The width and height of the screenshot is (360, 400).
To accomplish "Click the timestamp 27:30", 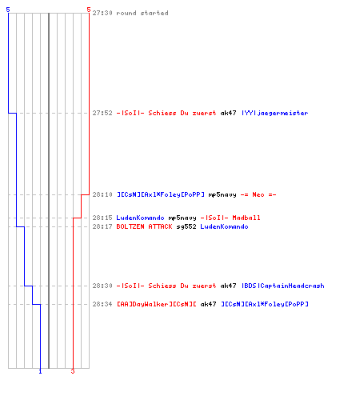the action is pos(102,13).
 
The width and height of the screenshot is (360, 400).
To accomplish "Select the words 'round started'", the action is pos(142,13).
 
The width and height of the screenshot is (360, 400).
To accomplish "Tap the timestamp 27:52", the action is pos(102,113).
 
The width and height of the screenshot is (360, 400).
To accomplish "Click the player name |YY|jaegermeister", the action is pos(275,114).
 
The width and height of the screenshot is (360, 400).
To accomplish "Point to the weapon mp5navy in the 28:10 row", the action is pos(222,195).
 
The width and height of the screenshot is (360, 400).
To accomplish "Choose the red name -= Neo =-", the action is pos(258,194).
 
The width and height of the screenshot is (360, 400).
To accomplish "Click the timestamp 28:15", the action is pos(102,218).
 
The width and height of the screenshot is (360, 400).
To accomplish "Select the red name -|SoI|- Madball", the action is pos(230,218).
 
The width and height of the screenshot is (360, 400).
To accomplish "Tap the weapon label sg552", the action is pos(186,227).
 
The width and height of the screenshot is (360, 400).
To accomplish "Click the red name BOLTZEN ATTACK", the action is pos(144,226).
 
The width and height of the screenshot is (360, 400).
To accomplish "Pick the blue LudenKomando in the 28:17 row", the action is pos(224,226).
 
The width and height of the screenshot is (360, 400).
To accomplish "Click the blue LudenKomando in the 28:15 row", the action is pos(140,218).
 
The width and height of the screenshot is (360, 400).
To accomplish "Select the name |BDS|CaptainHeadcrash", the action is pos(283,286).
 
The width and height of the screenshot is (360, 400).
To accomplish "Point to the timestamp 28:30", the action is pos(102,286).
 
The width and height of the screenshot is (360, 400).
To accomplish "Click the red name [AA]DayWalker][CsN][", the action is pos(157,304).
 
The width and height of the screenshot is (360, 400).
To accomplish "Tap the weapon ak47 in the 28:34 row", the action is pos(208,304).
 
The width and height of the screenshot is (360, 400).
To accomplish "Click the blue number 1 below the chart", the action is pos(40,371).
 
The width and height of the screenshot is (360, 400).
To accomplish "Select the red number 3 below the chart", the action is pos(73,371).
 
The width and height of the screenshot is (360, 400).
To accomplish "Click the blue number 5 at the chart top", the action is pos(8,10).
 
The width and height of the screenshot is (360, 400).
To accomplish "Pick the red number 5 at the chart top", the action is pos(89,10).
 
